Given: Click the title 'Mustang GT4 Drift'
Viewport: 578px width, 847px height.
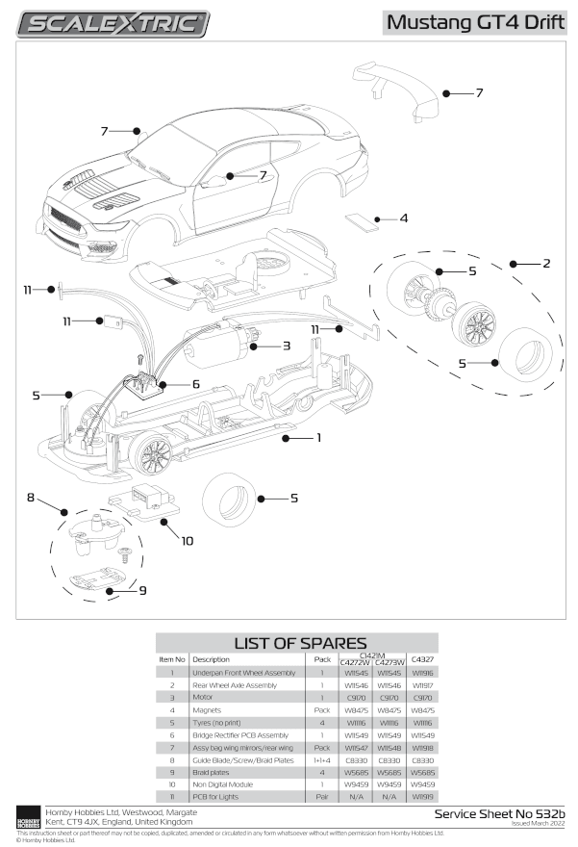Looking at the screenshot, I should (475, 22).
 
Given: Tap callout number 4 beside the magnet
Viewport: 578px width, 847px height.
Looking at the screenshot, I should (404, 218).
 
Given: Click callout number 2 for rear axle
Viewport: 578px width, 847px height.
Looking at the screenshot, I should (545, 263).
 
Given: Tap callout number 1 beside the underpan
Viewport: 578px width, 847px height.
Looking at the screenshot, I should (318, 437).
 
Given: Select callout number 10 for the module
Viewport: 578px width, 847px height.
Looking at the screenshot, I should (187, 540).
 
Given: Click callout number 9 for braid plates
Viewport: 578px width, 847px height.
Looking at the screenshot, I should (142, 590).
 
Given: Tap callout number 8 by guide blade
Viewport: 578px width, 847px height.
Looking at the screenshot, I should (31, 498).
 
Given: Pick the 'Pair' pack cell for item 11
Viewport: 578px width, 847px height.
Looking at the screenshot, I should (322, 798).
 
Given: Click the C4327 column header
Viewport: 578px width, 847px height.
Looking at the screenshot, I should (421, 659).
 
